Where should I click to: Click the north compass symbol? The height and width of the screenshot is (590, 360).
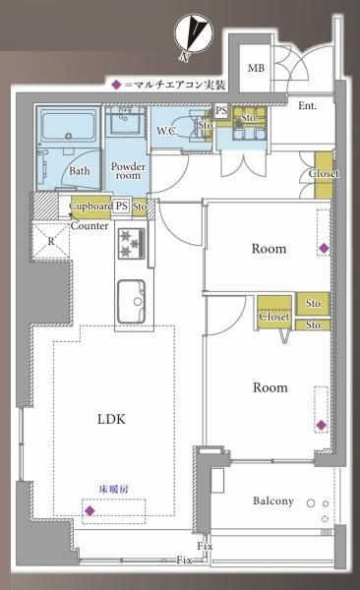pos(195,34)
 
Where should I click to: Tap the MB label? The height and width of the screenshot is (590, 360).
pos(256,69)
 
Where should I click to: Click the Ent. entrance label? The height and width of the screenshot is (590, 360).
pos(307,106)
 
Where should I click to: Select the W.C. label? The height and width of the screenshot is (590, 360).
pos(167,131)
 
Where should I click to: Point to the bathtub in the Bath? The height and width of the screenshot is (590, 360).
pos(69,125)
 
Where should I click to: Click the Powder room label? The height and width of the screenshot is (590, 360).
pos(128,171)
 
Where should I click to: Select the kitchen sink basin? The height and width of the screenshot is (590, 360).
pos(131,302)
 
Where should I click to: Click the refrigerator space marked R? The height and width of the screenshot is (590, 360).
pos(51,241)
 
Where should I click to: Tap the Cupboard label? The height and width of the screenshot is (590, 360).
pos(91,206)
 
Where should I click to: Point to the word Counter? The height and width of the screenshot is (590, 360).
pos(90,226)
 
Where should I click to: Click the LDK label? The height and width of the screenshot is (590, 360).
pos(111,419)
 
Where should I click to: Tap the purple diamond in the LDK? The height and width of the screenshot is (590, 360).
pos(90,510)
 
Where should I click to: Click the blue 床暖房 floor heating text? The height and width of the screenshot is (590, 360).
pos(114,489)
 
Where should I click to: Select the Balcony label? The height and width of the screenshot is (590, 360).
pos(273,501)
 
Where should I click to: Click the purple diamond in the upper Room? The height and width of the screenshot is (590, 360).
pos(324,248)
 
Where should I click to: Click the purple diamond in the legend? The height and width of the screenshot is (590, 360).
pos(117,85)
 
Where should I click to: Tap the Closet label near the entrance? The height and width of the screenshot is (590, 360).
pos(324,173)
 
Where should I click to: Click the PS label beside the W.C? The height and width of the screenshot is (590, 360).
pos(221,110)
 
